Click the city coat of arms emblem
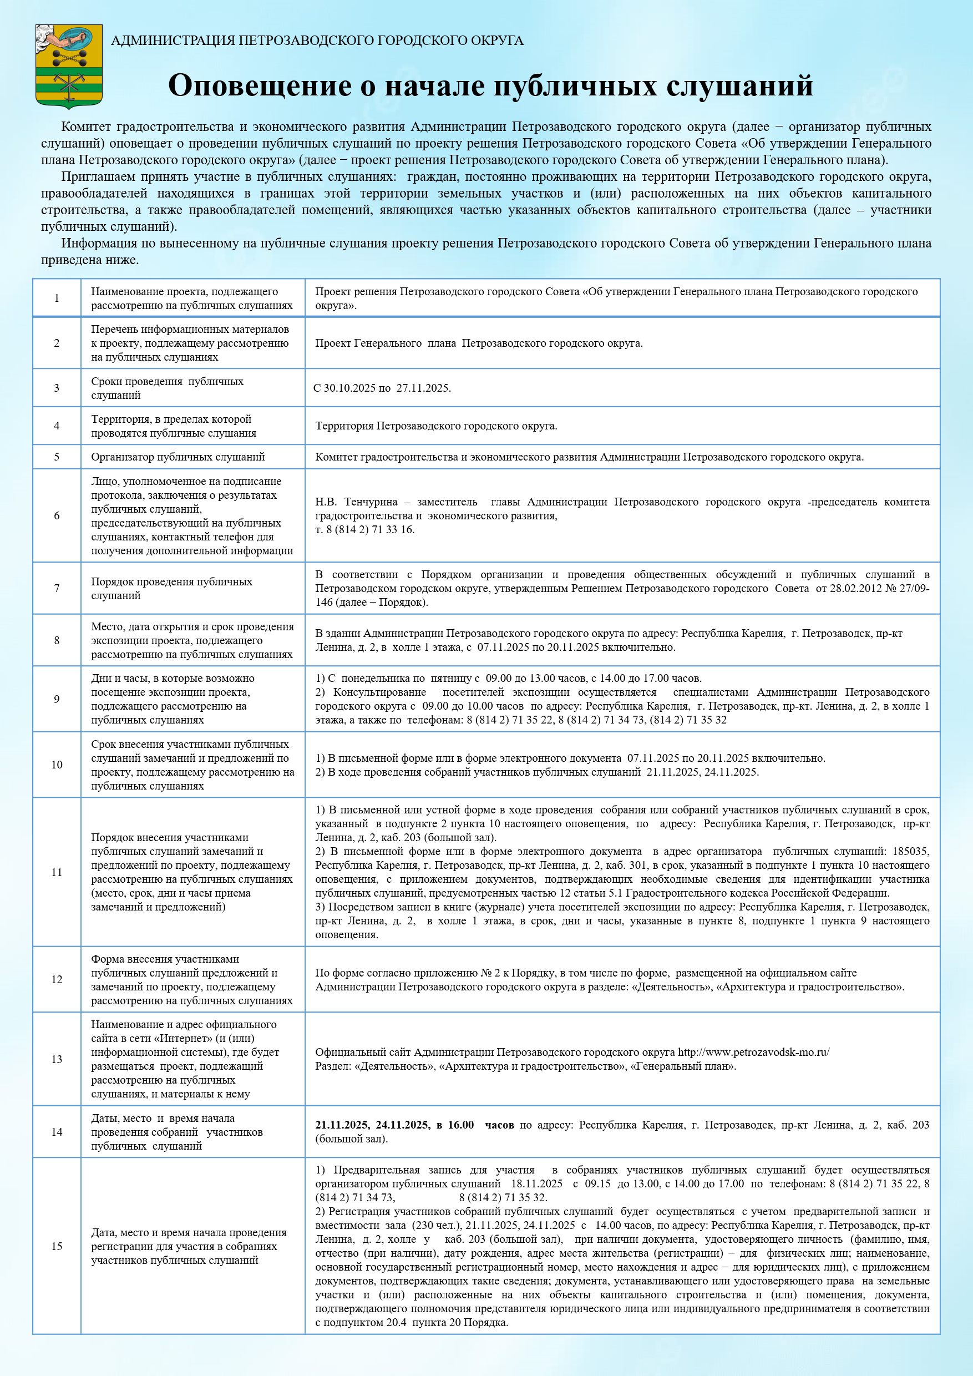[x=69, y=66]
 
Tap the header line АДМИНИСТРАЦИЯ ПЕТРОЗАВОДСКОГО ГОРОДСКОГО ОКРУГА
[x=317, y=40]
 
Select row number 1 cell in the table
[x=57, y=298]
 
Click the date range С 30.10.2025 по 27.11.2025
[x=382, y=388]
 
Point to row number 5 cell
[x=57, y=457]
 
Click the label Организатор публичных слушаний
[x=178, y=457]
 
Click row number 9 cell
[x=57, y=699]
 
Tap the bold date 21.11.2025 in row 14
[x=342, y=1125]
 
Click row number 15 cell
[x=57, y=1247]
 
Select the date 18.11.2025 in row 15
[x=537, y=1183]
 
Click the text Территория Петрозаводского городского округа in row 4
[x=436, y=426]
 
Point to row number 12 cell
[x=57, y=979]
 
